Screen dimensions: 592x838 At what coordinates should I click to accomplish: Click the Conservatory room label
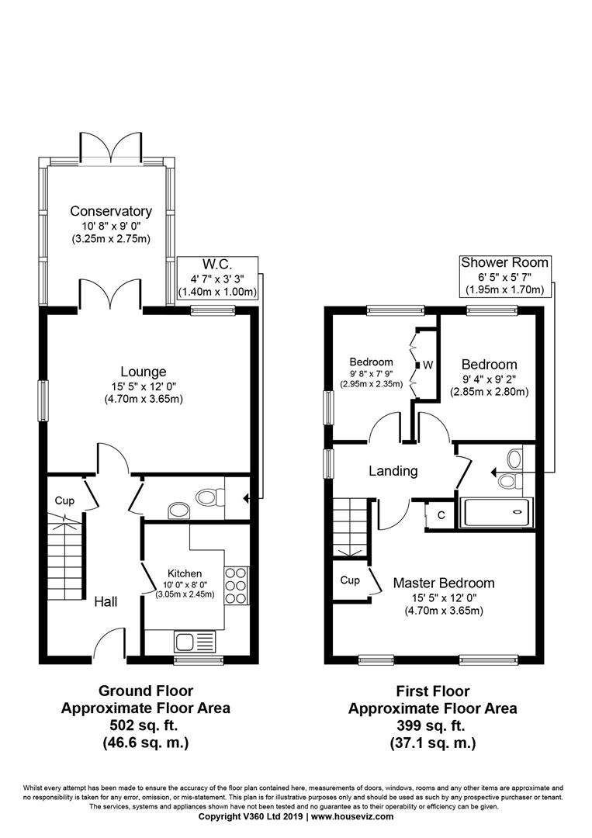point(111,211)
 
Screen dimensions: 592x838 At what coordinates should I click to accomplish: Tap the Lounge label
point(144,372)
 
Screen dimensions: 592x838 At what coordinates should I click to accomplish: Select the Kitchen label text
point(185,573)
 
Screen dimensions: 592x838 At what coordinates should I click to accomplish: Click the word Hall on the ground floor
point(106,602)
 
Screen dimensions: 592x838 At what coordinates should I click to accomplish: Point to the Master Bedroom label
point(444,583)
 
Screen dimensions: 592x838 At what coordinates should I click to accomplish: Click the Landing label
point(393,471)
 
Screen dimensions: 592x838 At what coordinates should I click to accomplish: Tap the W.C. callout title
point(217,265)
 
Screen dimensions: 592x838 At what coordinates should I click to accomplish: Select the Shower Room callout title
point(504,262)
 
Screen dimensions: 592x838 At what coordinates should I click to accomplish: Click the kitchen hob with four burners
point(236,585)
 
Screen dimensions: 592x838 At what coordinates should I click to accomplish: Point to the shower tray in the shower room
point(497,513)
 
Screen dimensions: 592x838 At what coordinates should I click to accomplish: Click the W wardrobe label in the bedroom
point(428,365)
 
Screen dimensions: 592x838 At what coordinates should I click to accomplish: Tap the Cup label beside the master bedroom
point(350,580)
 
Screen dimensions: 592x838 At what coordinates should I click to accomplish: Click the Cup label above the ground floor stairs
point(64,500)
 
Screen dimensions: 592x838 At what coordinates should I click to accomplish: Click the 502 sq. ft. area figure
point(145,725)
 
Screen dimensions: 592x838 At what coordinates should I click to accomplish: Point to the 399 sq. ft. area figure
point(432,725)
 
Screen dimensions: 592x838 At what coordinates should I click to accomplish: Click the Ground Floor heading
point(145,691)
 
